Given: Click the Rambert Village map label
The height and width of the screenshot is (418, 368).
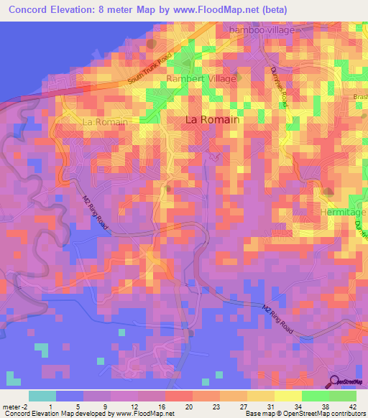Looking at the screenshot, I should pos(201,78).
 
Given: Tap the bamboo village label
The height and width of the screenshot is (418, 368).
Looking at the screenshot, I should pos(262,30).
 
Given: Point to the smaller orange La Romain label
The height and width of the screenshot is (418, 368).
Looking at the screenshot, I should pos(105,122).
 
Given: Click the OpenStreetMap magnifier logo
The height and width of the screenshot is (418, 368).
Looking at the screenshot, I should pos(333,382).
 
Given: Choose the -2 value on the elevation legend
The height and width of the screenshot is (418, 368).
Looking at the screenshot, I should pos(27,407).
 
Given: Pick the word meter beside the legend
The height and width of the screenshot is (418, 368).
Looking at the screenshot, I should pos(10,407).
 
